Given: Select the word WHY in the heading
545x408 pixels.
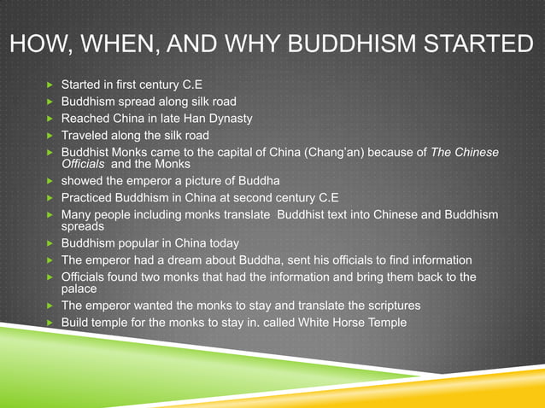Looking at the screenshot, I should pyautogui.click(x=261, y=43).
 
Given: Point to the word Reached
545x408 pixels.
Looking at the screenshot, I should pyautogui.click(x=86, y=118).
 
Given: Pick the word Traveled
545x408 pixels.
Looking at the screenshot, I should pyautogui.click(x=86, y=135).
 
